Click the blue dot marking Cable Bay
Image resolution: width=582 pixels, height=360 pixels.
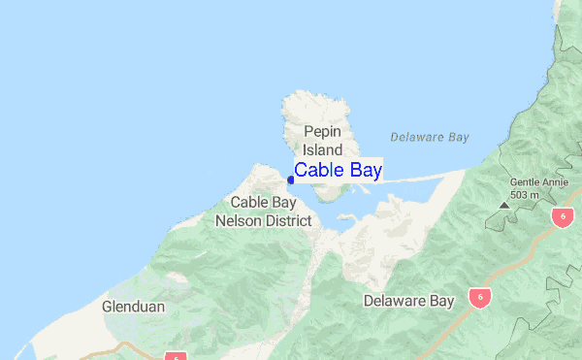(x=291, y=180)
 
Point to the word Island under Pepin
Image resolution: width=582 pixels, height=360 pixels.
(x=323, y=150)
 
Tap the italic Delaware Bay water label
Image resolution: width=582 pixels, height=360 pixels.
(x=430, y=137)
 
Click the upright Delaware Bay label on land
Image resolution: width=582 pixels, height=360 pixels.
(x=408, y=301)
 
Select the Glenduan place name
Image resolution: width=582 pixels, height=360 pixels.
(x=133, y=307)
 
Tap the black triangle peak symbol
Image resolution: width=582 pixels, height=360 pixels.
(x=503, y=206)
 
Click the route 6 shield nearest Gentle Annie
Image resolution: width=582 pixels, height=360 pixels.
(x=562, y=217)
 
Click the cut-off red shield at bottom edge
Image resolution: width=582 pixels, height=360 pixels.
(x=175, y=356)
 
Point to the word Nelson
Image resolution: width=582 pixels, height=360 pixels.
(x=237, y=221)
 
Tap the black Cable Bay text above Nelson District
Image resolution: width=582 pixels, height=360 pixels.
(x=263, y=203)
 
